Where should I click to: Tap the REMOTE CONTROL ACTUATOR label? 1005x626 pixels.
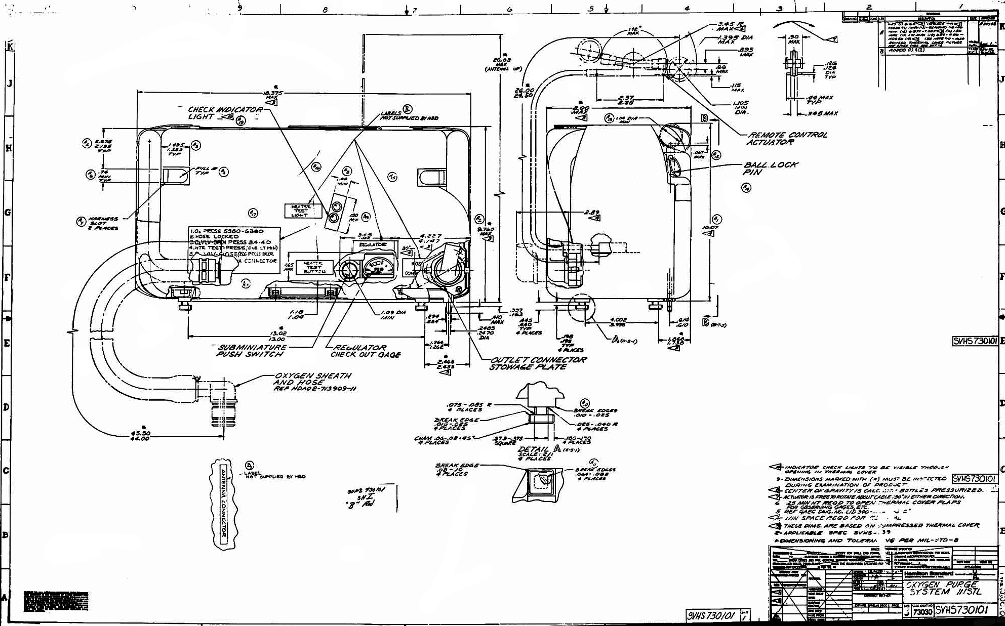[787, 139]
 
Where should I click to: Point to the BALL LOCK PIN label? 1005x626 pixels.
[770, 169]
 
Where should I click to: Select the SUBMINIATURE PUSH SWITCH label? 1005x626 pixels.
[251, 351]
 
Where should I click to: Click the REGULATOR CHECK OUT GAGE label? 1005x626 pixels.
[365, 351]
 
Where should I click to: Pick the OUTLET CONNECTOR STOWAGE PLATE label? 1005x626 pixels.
[537, 363]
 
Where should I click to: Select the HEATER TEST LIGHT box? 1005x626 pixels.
[302, 211]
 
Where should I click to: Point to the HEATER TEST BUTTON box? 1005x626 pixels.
[313, 267]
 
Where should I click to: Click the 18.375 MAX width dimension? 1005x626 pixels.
[272, 94]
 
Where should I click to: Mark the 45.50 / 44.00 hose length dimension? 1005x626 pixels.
[140, 436]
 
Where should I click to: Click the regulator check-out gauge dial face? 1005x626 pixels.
[377, 267]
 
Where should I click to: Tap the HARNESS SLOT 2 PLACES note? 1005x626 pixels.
[103, 223]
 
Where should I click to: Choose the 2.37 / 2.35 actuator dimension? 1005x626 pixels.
[626, 100]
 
